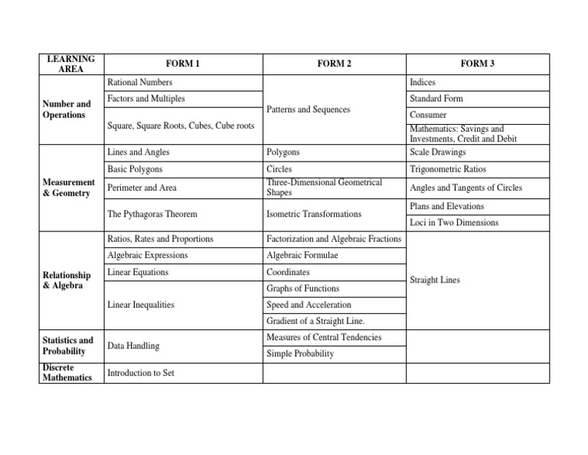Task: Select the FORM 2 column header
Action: [x=334, y=64]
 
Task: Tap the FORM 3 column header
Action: [x=477, y=64]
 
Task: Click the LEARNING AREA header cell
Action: [x=70, y=64]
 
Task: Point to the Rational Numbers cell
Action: [x=140, y=82]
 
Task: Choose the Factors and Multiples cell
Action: [x=146, y=99]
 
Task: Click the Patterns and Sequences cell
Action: [x=309, y=110]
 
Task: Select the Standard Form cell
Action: [x=436, y=99]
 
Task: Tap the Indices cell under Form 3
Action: [x=423, y=82]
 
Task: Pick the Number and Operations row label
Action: [x=67, y=110]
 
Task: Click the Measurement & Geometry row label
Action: [x=69, y=188]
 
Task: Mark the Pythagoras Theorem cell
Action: [x=152, y=214]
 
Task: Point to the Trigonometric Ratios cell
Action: [x=448, y=169]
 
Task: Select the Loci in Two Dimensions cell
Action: [x=454, y=223]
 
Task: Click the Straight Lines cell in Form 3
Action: [x=435, y=280]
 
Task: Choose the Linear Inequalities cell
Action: [x=141, y=305]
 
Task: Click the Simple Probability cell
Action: [x=300, y=354]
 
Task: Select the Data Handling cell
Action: [x=133, y=346]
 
